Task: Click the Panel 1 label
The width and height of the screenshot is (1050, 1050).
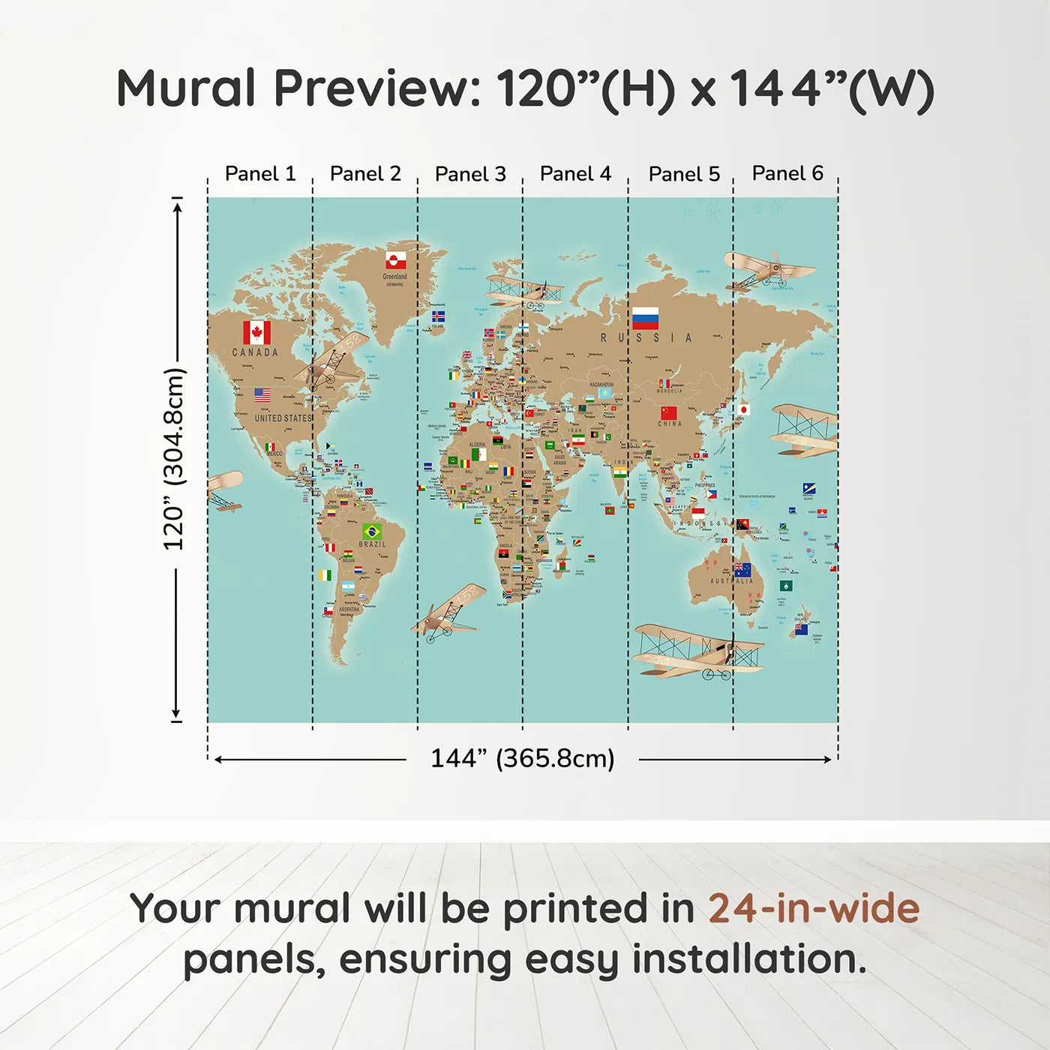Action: coord(260,174)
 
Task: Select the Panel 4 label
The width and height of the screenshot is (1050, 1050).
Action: coord(575,174)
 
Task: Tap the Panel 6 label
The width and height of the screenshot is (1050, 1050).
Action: coord(787,173)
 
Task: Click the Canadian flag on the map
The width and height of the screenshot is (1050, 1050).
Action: coord(256,332)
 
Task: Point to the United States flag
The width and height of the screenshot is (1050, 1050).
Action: coord(262,394)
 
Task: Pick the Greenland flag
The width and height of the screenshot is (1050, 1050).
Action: coord(396,260)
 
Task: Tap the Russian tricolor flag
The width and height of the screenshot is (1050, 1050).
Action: coord(645,318)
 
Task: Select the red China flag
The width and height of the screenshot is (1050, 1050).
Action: coord(668,412)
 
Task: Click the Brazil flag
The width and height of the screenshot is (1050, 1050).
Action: coord(371,531)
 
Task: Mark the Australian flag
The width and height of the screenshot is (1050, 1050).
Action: coord(742,570)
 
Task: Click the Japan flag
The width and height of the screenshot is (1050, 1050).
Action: coord(743,409)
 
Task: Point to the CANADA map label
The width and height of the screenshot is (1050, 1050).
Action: coord(255,352)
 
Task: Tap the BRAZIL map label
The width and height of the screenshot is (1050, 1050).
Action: coord(372,544)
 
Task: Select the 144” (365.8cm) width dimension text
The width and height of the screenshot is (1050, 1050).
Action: coord(522,758)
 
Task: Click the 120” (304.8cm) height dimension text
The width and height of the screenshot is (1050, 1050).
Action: coord(174,459)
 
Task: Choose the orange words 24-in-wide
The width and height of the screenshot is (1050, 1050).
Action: coord(814,909)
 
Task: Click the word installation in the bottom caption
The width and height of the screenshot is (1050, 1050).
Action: coord(748,959)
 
